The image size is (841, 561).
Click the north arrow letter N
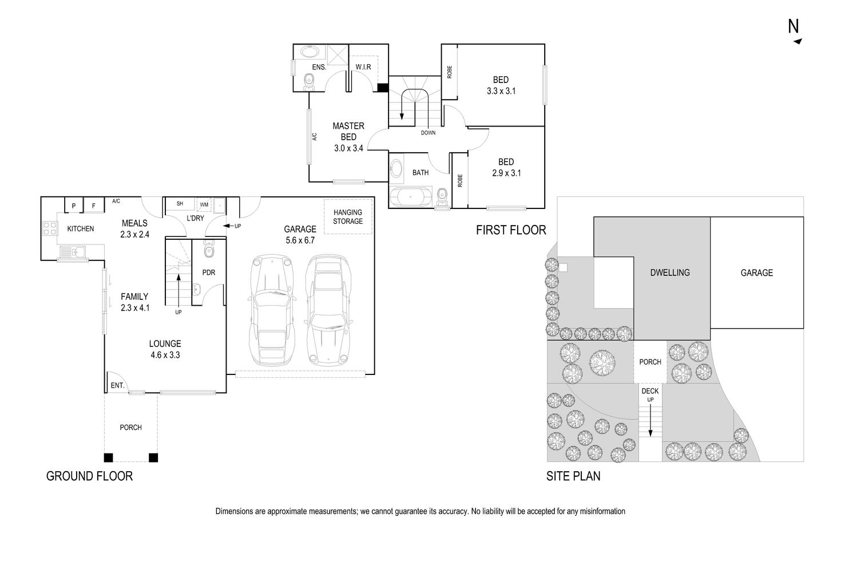click(x=794, y=26)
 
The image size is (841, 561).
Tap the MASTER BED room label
click(x=348, y=131)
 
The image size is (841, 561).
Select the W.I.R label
click(x=363, y=68)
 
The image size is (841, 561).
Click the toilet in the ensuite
click(x=309, y=81)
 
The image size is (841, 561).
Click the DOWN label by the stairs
click(x=428, y=133)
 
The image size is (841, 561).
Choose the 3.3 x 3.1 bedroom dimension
click(x=501, y=90)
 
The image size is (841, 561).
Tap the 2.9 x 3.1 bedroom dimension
click(x=506, y=173)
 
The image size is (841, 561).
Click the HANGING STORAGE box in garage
click(x=348, y=216)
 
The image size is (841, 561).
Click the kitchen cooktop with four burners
click(x=50, y=228)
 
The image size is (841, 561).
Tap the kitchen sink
click(x=72, y=251)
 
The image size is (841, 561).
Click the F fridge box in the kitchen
click(x=94, y=206)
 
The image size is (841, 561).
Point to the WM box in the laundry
click(x=204, y=204)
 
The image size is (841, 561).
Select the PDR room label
click(x=209, y=272)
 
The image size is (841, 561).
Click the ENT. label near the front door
click(x=117, y=386)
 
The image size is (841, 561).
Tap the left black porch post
click(x=108, y=457)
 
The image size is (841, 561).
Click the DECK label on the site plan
click(x=650, y=391)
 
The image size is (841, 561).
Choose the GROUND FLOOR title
click(x=89, y=476)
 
